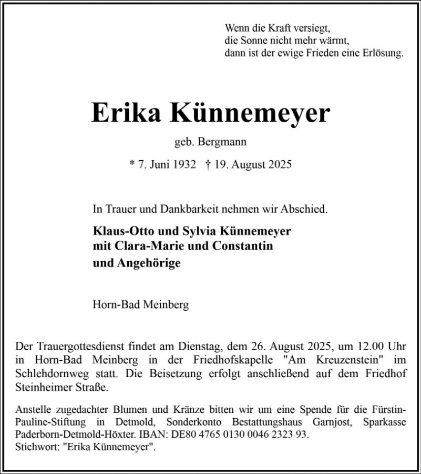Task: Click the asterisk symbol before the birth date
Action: pyautogui.click(x=131, y=163)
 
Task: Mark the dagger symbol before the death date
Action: pyautogui.click(x=208, y=164)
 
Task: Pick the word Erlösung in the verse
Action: pyautogui.click(x=383, y=53)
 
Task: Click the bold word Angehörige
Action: pyautogui.click(x=146, y=263)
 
